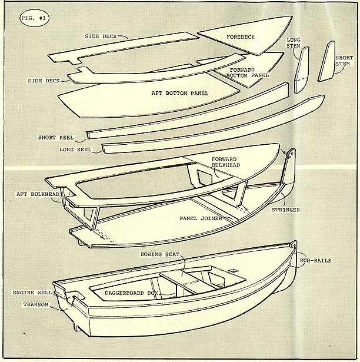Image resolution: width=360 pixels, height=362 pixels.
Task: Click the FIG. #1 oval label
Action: (x=34, y=18)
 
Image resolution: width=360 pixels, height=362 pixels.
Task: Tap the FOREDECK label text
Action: (x=241, y=37)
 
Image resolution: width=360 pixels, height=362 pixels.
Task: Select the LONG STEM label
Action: (x=294, y=43)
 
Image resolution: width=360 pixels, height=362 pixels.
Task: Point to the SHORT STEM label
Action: (x=344, y=61)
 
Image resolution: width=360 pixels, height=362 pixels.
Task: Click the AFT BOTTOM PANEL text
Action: (x=180, y=93)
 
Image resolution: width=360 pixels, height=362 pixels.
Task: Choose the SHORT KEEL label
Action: (x=56, y=138)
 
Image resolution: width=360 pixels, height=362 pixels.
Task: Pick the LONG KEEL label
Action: (x=75, y=150)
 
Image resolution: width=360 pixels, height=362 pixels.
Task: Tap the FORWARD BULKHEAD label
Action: (x=226, y=162)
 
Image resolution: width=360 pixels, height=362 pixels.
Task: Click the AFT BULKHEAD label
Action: (x=38, y=194)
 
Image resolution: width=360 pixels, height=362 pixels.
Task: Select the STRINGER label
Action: (x=286, y=210)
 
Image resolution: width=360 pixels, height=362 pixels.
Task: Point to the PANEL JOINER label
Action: (x=201, y=218)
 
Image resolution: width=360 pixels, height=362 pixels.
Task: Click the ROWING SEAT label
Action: (x=160, y=254)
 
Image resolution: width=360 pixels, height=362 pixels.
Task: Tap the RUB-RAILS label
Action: (x=315, y=261)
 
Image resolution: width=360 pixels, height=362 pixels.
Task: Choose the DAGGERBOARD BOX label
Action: (x=131, y=293)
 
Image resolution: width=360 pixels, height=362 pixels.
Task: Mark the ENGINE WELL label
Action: (x=32, y=293)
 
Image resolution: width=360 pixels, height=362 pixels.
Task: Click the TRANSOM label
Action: (x=36, y=305)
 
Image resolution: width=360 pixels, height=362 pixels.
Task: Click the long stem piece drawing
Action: (x=302, y=69)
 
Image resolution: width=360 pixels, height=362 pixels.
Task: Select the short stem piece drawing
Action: (x=326, y=61)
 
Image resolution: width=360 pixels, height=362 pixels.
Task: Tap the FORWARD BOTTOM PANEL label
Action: (x=248, y=73)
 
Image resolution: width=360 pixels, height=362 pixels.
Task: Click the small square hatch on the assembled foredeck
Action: (x=234, y=270)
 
